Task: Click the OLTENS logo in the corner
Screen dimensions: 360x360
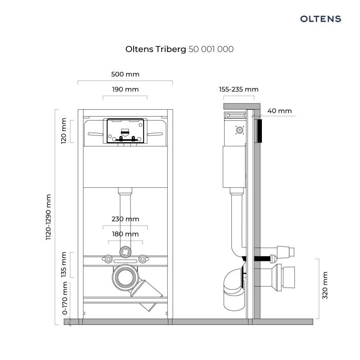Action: tap(320, 19)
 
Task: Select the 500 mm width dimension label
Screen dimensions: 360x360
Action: tap(125, 74)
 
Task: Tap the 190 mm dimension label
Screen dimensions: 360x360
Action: tap(125, 89)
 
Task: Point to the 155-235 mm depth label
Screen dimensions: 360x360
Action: tap(238, 89)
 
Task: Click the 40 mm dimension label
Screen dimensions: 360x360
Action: tap(279, 111)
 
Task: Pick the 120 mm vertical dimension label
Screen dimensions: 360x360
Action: tap(63, 130)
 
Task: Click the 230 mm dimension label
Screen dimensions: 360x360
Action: tap(125, 219)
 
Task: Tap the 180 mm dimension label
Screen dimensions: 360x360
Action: tap(125, 234)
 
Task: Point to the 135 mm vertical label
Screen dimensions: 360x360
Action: tap(63, 265)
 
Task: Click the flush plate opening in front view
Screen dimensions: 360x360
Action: tap(125, 131)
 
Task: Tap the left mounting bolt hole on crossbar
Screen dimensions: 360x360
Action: tap(108, 259)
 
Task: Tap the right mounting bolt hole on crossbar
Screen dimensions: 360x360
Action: tap(143, 259)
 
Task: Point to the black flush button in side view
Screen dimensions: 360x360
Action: tap(258, 131)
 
